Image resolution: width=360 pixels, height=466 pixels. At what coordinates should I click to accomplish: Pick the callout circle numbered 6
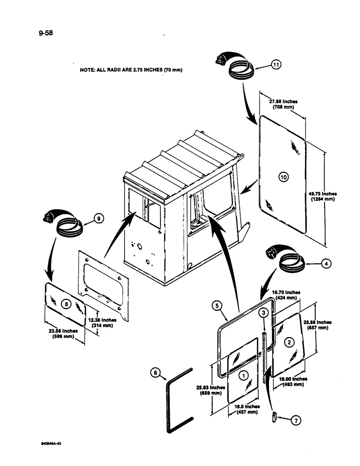tap(156, 373)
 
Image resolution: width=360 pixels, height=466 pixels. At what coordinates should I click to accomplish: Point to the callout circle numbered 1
tap(242, 374)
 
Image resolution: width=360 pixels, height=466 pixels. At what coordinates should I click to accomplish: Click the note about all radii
tap(131, 70)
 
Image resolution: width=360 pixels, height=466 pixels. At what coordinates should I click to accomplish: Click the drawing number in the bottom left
tap(51, 444)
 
